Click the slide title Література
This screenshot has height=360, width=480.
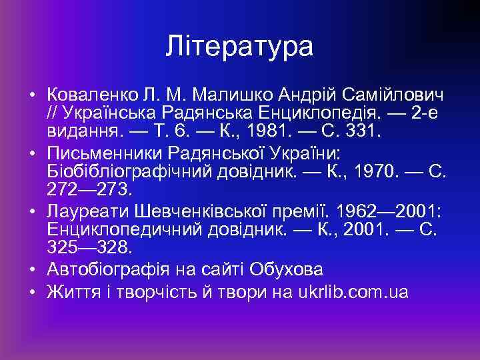239,47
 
